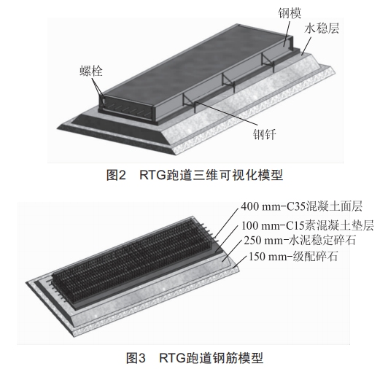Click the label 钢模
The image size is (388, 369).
coord(290,13)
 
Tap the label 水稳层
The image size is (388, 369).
coord(321,28)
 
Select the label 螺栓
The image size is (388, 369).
coord(91,71)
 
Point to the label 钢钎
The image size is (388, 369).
coord(264,135)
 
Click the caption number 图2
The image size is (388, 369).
coord(116,175)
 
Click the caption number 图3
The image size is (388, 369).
coord(136,357)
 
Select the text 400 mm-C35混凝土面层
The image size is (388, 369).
coord(302,206)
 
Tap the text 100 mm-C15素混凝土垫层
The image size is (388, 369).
coord(307,225)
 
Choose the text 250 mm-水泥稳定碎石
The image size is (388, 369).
coord(300,240)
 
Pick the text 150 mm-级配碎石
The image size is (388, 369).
coord(293,257)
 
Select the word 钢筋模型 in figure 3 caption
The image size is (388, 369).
coord(238,357)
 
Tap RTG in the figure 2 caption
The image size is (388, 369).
coord(152,175)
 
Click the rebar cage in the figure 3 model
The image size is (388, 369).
coord(131,263)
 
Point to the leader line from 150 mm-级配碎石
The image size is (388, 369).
coord(240,261)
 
